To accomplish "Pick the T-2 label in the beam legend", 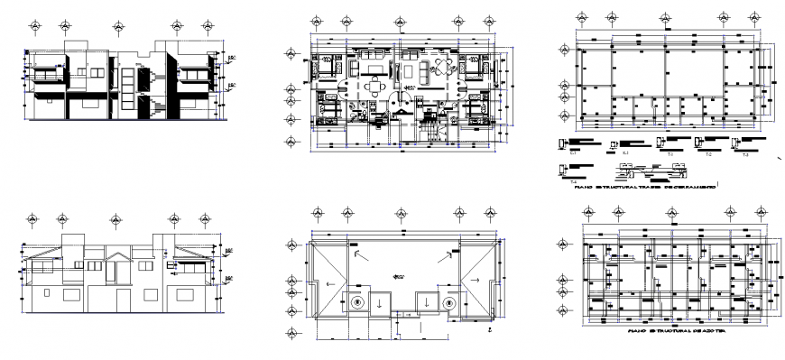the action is click(708, 156).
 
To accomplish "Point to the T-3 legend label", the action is click(744, 156).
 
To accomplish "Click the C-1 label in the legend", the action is click(573, 154).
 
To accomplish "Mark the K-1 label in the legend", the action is click(625, 154).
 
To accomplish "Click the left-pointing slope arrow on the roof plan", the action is click(331, 283).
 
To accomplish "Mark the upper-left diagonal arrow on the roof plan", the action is click(361, 257).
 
